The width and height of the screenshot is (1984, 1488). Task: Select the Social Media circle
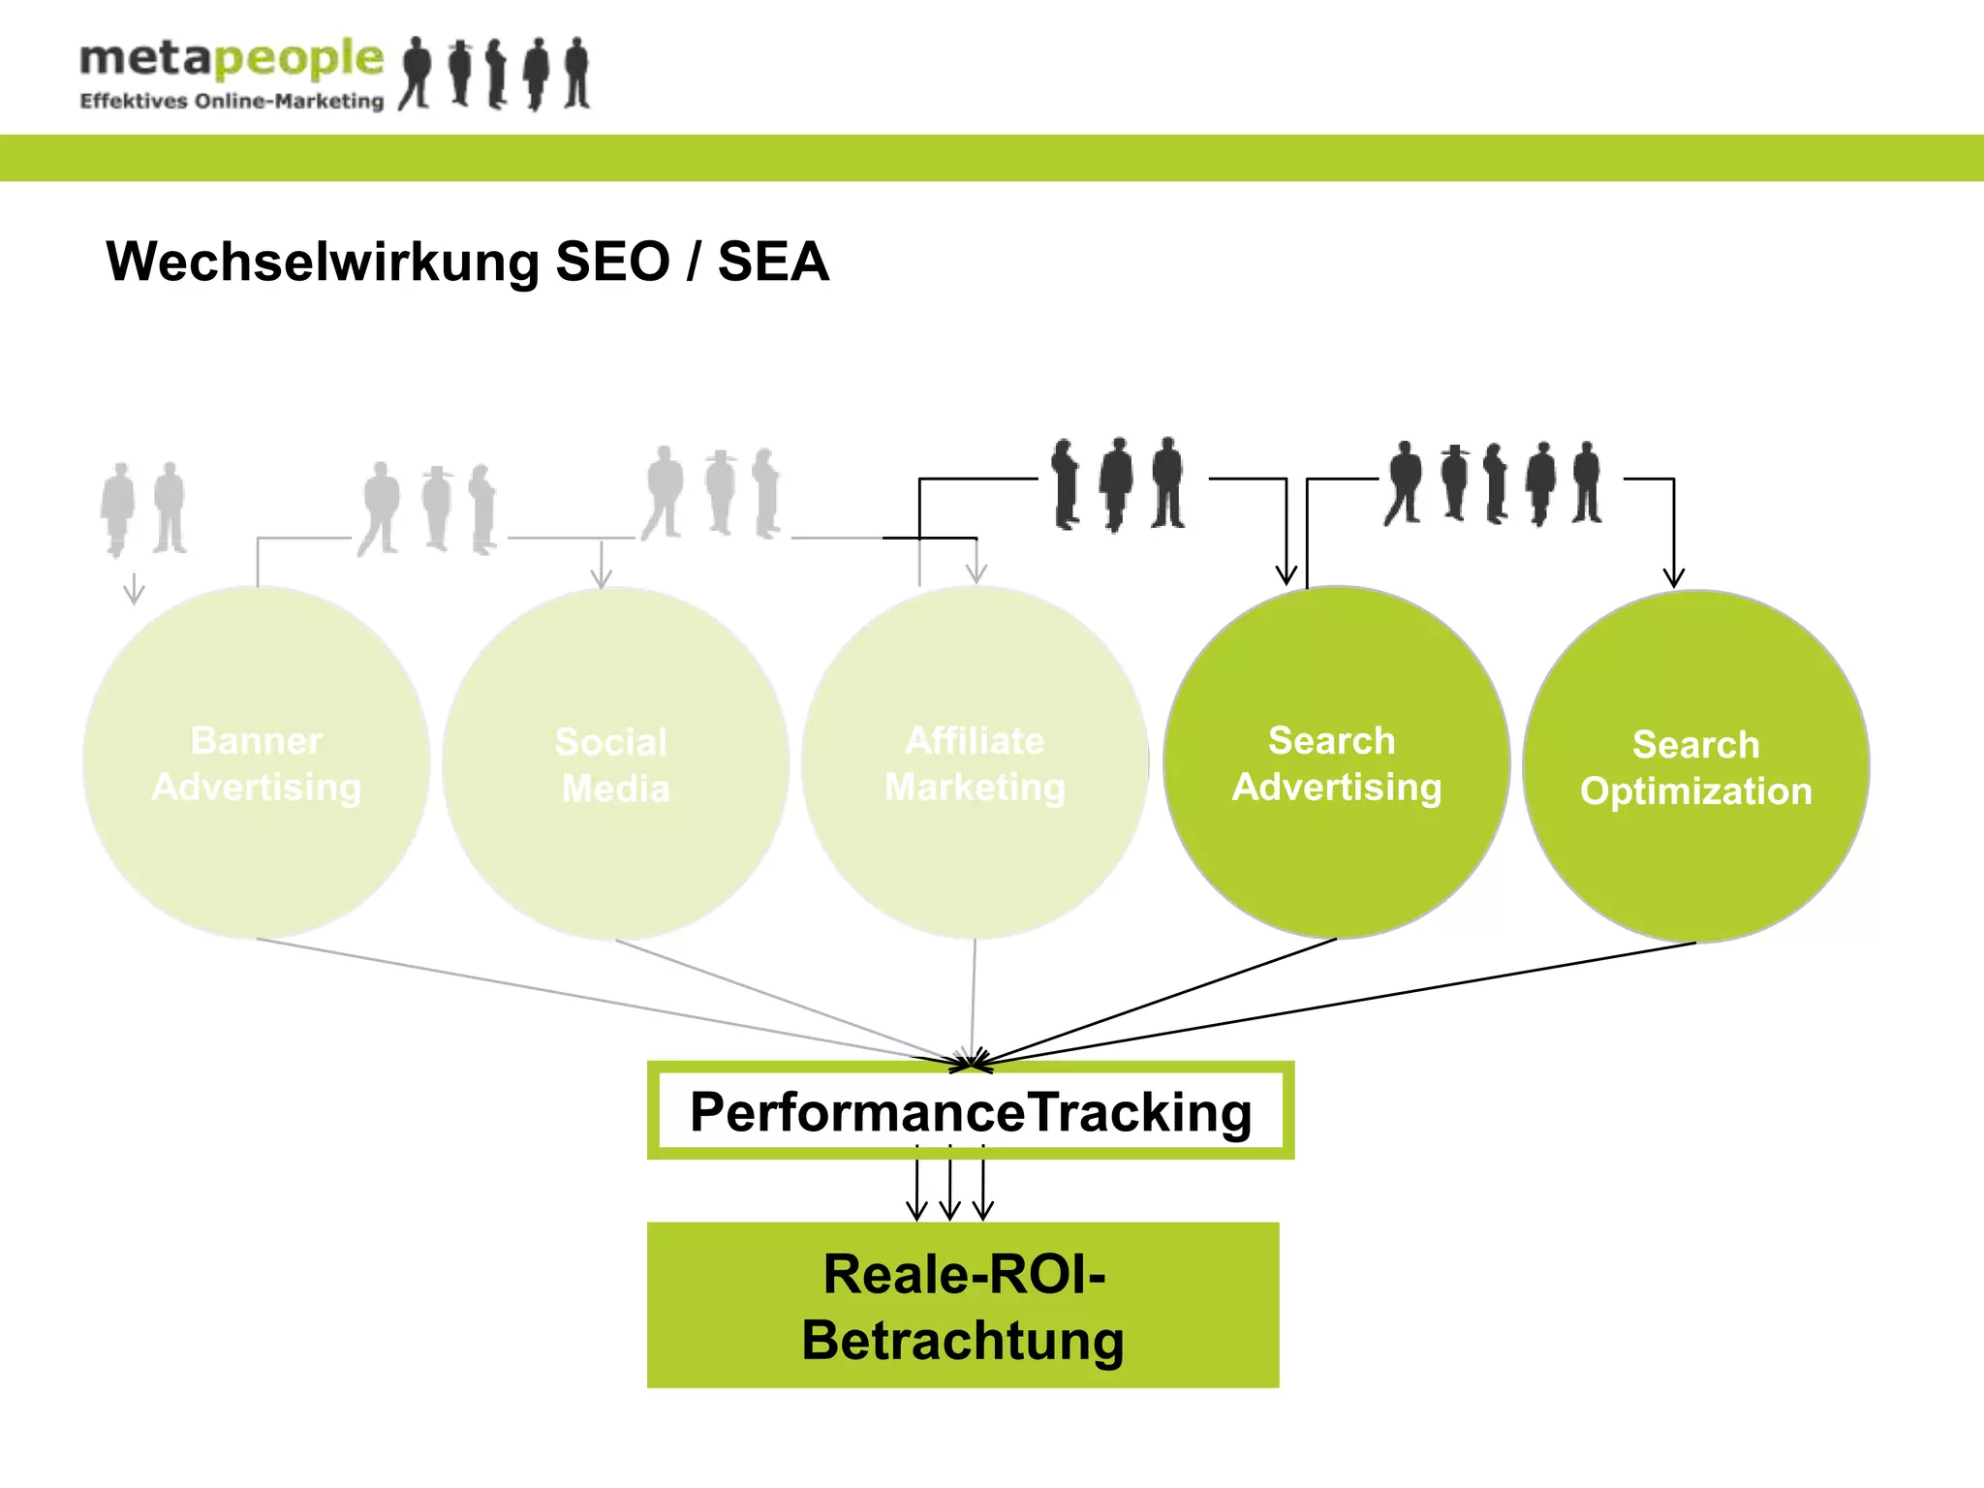pyautogui.click(x=614, y=765)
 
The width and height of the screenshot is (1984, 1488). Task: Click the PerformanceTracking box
pyautogui.click(x=971, y=1111)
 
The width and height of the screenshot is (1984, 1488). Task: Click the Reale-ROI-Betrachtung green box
pyautogui.click(x=963, y=1306)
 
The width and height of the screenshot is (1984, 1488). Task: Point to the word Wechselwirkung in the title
pyautogui.click(x=323, y=262)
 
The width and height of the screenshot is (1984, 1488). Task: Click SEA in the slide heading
pyautogui.click(x=773, y=262)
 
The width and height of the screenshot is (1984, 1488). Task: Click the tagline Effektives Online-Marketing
pyautogui.click(x=232, y=101)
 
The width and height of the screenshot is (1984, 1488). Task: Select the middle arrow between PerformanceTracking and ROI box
pyautogui.click(x=950, y=1187)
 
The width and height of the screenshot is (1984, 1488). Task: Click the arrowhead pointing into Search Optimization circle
pyautogui.click(x=1673, y=577)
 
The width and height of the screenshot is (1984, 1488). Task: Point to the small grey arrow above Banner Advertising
pyautogui.click(x=134, y=589)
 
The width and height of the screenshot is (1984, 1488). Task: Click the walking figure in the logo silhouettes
pyautogui.click(x=417, y=73)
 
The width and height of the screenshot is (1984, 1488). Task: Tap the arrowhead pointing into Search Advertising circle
pyautogui.click(x=1286, y=574)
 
